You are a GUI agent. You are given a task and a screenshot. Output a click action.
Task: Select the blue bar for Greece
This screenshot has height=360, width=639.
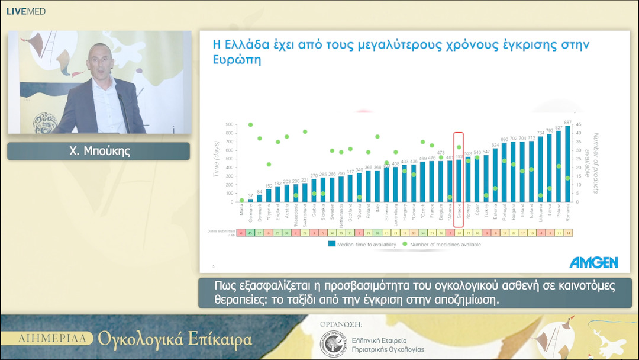click(x=459, y=181)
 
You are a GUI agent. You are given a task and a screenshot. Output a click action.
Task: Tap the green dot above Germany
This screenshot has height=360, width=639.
click(x=250, y=124)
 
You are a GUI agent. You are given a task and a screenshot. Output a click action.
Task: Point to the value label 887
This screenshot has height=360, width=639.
click(x=568, y=123)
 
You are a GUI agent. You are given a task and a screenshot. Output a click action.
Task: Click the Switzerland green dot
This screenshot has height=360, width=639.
click(x=305, y=131)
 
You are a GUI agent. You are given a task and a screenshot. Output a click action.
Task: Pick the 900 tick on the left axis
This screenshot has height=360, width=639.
click(x=229, y=124)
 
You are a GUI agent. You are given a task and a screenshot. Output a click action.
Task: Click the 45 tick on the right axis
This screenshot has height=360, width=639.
click(x=579, y=124)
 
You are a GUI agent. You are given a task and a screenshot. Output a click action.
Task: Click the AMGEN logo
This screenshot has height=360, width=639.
click(x=593, y=262)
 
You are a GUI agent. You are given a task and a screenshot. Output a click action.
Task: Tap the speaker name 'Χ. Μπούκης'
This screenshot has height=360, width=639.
click(x=99, y=152)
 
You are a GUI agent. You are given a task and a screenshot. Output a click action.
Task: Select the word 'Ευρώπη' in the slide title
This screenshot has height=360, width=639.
click(x=236, y=61)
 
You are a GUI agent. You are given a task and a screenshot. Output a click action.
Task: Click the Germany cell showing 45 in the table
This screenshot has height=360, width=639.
click(x=250, y=233)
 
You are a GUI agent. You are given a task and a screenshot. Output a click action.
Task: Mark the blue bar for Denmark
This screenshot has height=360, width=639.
click(x=259, y=198)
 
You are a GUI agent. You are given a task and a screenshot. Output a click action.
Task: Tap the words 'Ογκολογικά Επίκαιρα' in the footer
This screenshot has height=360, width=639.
click(x=175, y=340)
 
